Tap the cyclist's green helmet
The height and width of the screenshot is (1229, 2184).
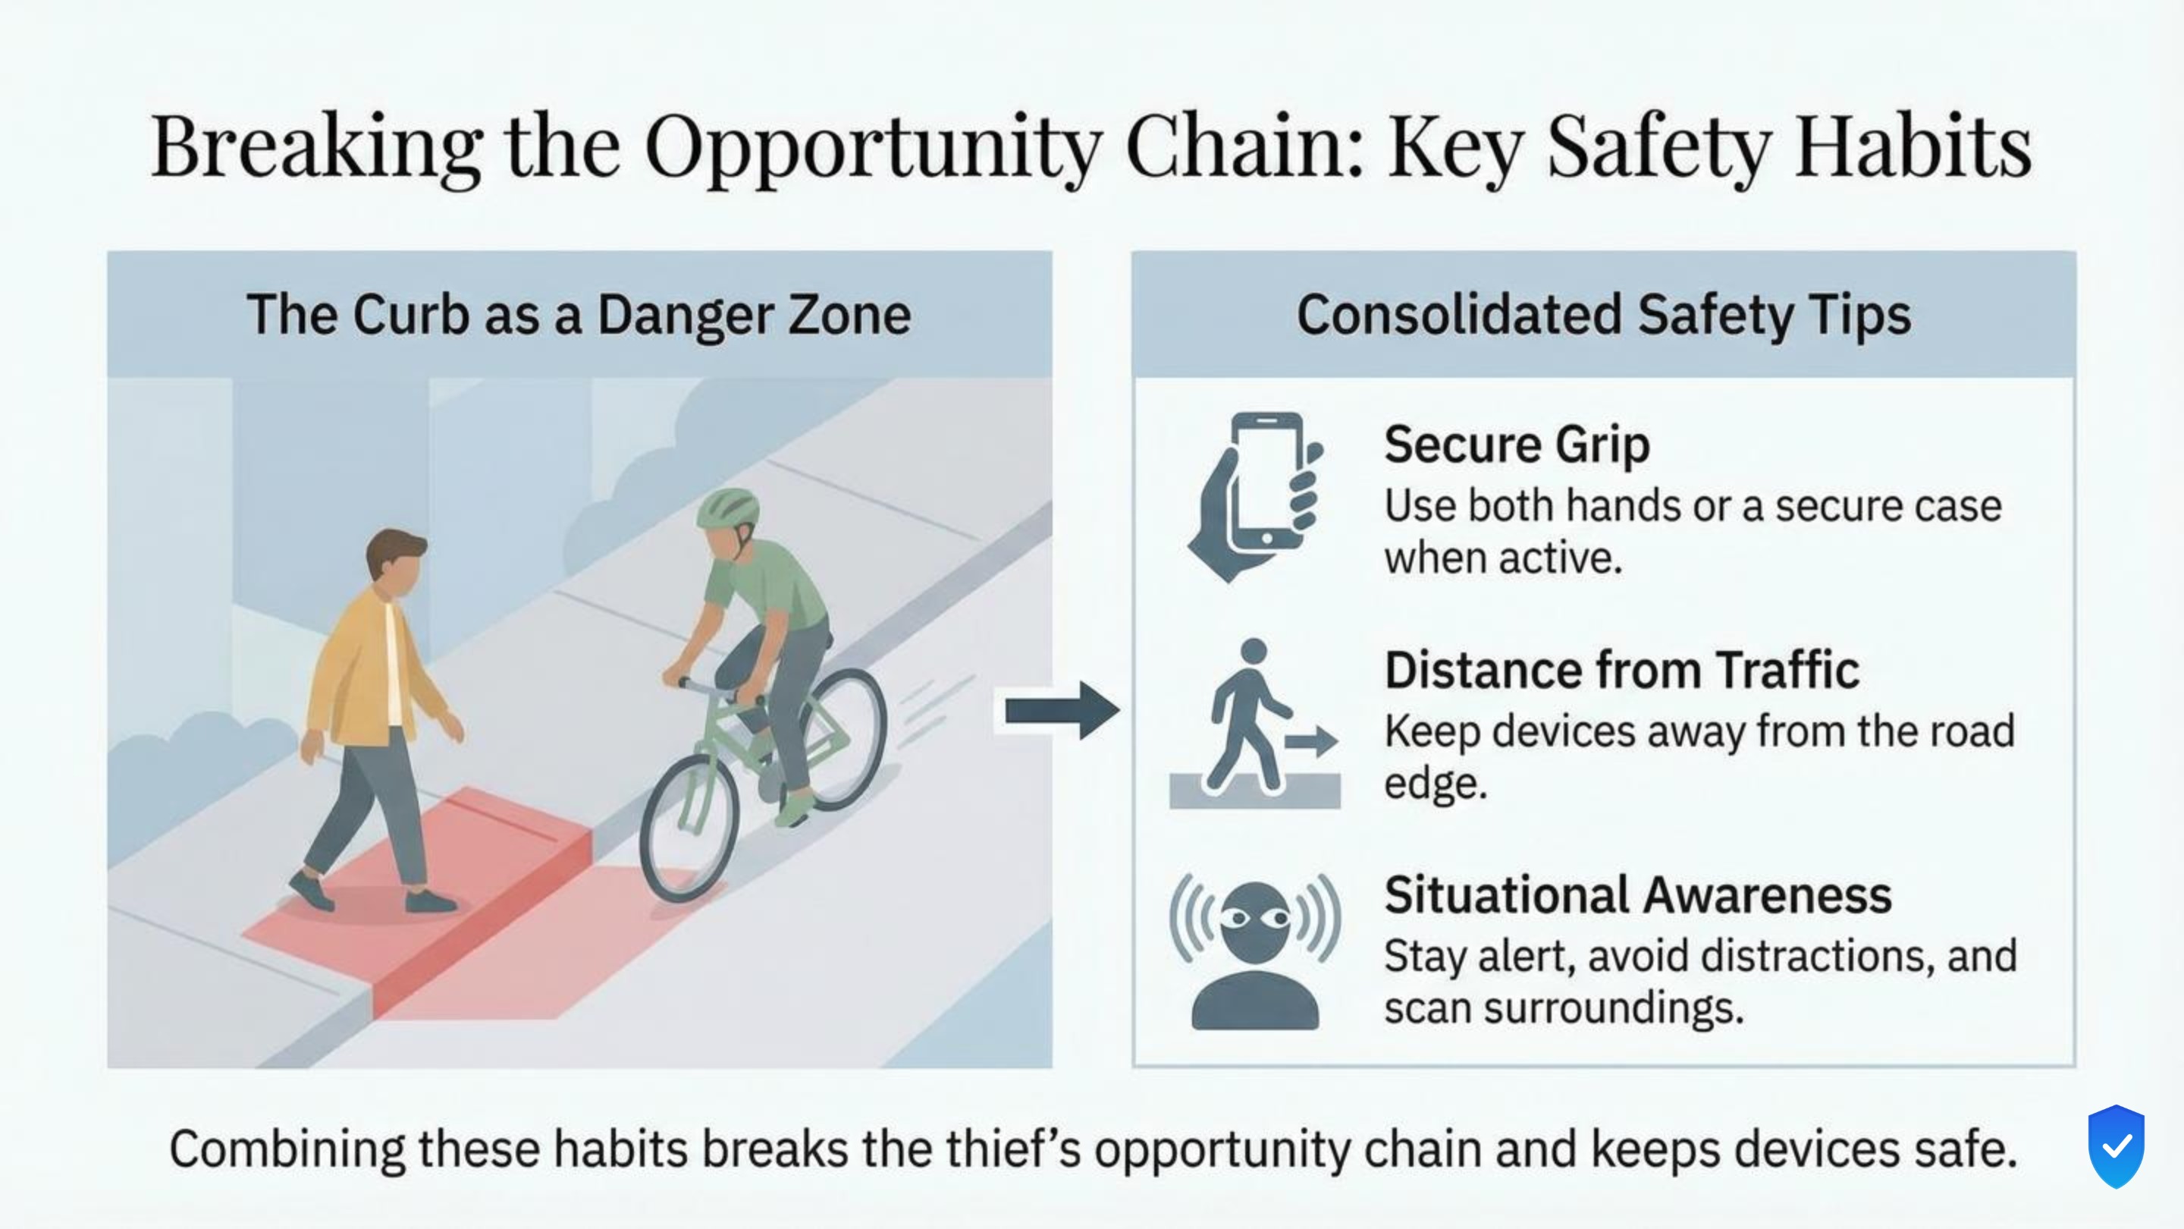[727, 508]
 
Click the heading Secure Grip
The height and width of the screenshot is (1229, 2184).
[1517, 445]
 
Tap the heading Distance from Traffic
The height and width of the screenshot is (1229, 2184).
[1621, 670]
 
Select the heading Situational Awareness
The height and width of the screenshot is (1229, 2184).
[1637, 895]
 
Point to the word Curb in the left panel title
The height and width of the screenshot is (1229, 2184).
[410, 315]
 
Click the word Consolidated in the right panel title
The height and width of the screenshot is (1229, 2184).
[1459, 315]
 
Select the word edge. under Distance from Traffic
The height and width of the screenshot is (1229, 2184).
[1436, 783]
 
